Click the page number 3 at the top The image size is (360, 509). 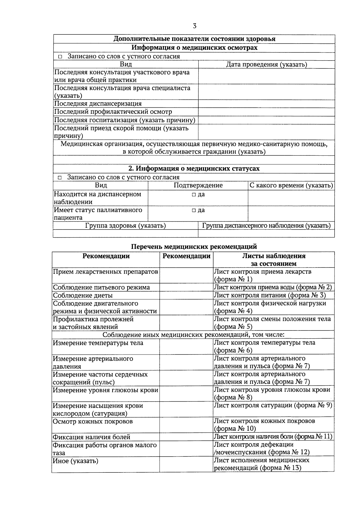click(194, 26)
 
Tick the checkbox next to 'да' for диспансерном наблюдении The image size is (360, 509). click(193, 195)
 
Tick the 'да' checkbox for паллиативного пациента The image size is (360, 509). click(193, 210)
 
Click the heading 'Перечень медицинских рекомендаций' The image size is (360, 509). click(194, 247)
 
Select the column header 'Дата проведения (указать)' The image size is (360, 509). click(266, 64)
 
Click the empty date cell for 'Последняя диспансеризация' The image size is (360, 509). click(266, 104)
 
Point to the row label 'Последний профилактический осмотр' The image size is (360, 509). click(113, 112)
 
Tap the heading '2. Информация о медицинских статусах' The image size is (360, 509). click(194, 169)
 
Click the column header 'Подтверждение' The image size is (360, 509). click(198, 185)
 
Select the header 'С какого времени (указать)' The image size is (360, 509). click(291, 185)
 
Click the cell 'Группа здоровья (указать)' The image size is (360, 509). click(125, 226)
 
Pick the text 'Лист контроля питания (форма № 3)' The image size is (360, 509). click(269, 295)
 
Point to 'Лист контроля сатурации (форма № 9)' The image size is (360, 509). click(273, 405)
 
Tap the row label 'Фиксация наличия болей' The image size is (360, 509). click(91, 437)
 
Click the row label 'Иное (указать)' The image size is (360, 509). click(76, 461)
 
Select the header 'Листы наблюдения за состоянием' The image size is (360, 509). click(274, 260)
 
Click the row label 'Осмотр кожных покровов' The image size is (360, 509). click(93, 421)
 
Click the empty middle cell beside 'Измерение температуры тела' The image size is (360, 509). click(186, 346)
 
